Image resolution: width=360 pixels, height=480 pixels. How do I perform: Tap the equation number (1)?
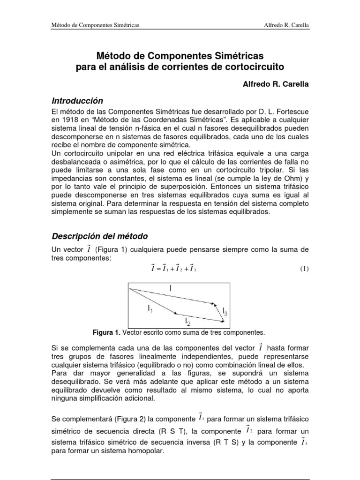click(x=304, y=269)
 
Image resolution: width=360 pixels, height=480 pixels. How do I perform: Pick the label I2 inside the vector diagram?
click(x=187, y=322)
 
